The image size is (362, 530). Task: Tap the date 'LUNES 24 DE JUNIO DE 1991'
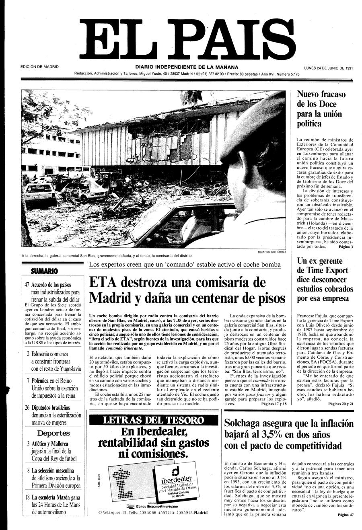click(x=328, y=68)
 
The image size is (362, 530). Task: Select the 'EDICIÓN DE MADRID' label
click(x=39, y=67)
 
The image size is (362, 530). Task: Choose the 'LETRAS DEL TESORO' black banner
click(x=153, y=421)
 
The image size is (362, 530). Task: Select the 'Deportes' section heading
click(x=53, y=433)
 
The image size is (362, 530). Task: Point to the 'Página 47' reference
click(x=346, y=515)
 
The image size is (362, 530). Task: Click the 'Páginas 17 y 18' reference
click(x=274, y=403)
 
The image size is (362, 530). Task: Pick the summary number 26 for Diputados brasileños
click(x=27, y=407)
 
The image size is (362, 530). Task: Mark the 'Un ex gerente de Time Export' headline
click(x=325, y=279)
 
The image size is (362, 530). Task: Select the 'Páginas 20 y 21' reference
click(x=340, y=403)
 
